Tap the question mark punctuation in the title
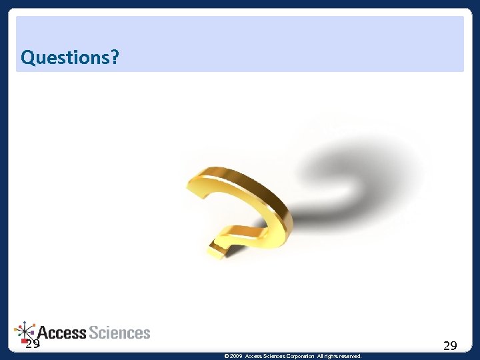click(115, 58)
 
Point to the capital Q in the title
click(28, 58)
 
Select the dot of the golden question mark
click(218, 251)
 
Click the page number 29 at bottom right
click(450, 345)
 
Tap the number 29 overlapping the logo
click(32, 345)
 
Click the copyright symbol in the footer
click(227, 357)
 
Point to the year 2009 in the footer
click(237, 357)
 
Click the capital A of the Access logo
click(43, 333)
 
